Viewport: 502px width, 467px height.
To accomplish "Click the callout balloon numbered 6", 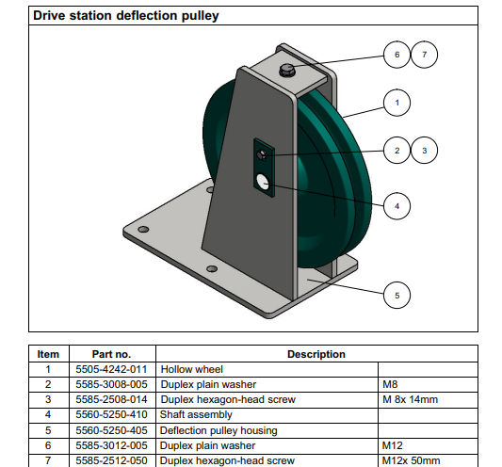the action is click(397, 55).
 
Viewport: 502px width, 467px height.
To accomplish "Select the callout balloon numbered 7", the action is click(424, 55).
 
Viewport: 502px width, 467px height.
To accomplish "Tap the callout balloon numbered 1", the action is click(397, 103).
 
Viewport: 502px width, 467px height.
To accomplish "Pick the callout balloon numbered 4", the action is click(397, 206).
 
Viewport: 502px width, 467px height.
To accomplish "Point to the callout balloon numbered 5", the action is click(397, 295).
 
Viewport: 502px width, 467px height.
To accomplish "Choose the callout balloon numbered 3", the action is click(424, 151).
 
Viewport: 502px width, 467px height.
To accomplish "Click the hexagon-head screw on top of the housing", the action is click(287, 70).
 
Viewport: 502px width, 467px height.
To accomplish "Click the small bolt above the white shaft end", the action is click(262, 155).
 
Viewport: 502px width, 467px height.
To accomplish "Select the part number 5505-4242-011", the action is click(111, 369).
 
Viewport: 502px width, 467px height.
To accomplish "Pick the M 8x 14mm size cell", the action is click(410, 399).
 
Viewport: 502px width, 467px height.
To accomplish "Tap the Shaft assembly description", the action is click(196, 414).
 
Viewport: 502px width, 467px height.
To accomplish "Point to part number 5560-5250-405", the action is click(111, 430).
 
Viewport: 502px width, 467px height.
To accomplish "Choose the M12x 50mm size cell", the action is click(411, 460).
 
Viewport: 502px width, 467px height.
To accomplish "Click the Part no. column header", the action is click(111, 354).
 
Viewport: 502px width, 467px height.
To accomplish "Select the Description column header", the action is click(316, 354).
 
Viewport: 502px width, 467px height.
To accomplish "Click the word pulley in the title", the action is click(201, 16).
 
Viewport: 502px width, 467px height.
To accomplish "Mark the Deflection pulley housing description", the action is click(219, 430).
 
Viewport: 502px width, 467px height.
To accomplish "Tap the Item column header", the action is click(48, 354).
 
